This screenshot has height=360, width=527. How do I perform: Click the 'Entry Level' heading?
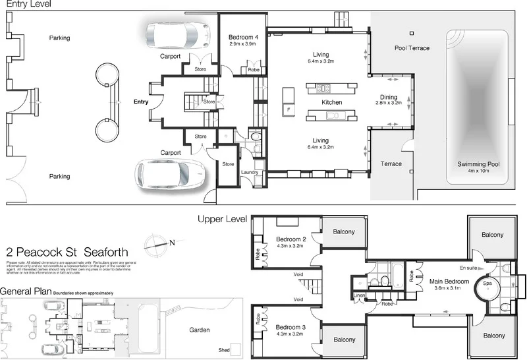25,5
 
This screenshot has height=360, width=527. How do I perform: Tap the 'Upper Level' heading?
223,219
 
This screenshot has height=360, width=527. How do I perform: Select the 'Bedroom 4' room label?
244,37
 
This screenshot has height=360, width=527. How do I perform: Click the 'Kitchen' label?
331,103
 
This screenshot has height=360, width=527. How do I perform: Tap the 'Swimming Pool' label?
479,164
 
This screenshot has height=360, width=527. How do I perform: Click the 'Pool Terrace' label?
412,48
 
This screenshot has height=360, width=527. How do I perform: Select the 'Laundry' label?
250,173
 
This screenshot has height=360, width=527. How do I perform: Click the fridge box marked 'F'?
288,109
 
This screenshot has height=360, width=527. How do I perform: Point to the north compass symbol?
159,242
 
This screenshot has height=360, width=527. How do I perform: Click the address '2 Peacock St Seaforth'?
67,252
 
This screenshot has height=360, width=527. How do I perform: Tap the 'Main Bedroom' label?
451,282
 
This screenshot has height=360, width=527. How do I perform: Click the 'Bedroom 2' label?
291,239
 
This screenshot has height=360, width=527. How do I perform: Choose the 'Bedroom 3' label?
291,327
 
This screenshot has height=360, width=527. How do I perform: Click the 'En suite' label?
468,268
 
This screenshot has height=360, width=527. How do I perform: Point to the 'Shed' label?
214,351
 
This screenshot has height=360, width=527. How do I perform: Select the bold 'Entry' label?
141,102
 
